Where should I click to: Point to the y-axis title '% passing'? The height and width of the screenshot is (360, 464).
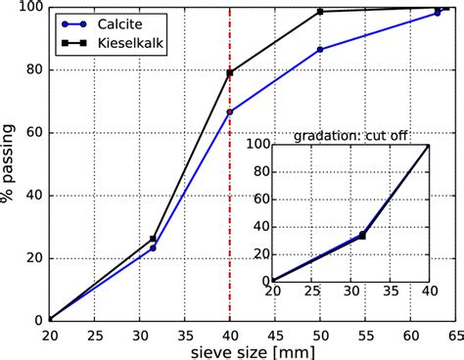click(x=9, y=163)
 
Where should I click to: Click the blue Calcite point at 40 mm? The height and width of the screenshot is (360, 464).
click(x=230, y=112)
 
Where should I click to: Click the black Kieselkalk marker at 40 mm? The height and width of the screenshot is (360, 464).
click(x=230, y=72)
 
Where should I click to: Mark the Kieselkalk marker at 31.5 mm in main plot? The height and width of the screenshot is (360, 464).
click(x=153, y=239)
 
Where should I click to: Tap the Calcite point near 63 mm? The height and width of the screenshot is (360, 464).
click(x=437, y=13)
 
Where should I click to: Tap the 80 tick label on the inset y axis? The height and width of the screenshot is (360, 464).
click(x=259, y=171)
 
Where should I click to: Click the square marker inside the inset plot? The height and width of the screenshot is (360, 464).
click(x=362, y=236)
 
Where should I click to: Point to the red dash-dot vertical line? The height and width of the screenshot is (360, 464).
click(x=230, y=196)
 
